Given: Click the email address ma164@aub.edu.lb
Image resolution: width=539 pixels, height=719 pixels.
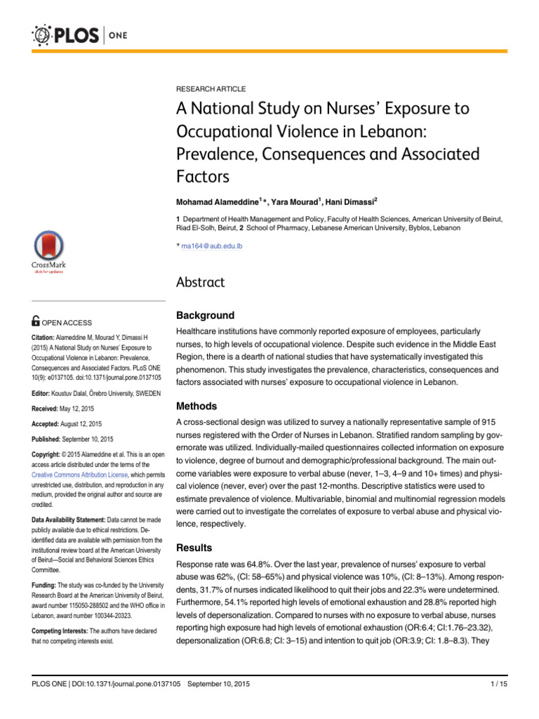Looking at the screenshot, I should [x=212, y=246].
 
